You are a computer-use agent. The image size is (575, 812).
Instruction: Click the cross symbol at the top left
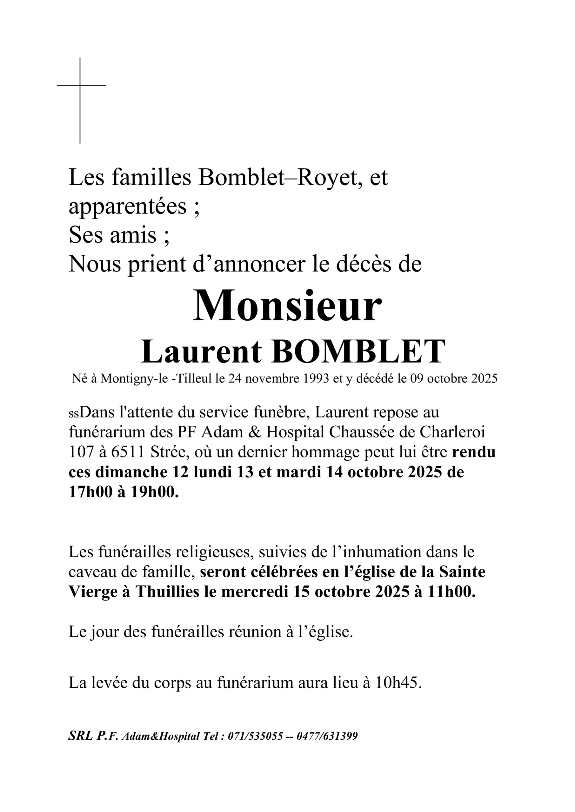coord(80,86)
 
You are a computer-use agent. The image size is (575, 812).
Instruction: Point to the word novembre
coord(271,379)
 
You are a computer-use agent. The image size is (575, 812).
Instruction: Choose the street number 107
coord(81,452)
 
